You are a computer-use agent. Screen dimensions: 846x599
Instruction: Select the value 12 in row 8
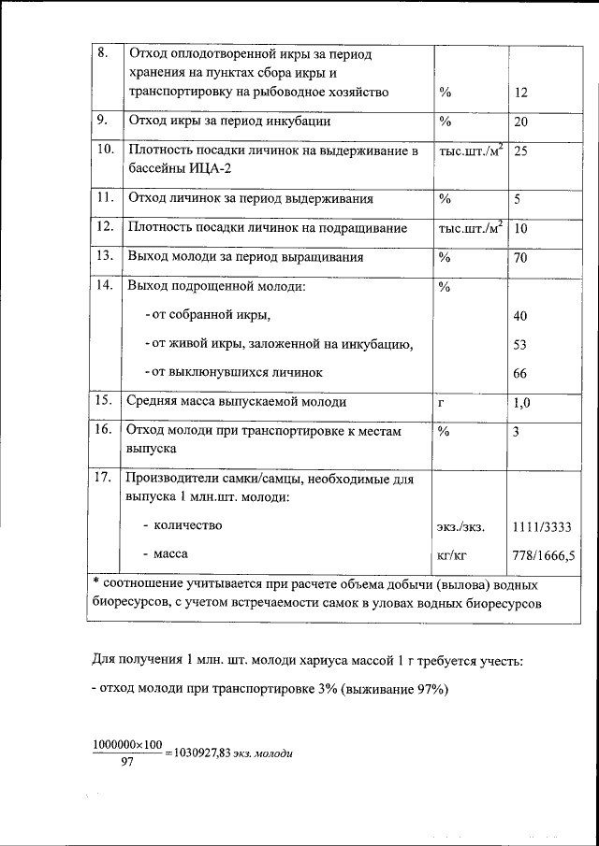click(x=521, y=93)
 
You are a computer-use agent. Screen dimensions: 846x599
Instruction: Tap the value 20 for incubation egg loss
click(x=521, y=122)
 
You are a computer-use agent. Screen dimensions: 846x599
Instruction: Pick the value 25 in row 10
click(x=521, y=151)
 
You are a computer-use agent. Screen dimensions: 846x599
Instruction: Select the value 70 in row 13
click(x=521, y=258)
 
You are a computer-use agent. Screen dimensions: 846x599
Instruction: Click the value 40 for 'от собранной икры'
click(x=521, y=316)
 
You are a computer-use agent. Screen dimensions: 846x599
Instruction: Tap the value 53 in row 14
click(x=521, y=345)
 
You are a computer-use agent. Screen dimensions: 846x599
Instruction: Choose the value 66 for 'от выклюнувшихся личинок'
click(x=521, y=373)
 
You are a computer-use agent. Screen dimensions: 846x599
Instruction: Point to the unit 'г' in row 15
click(x=441, y=403)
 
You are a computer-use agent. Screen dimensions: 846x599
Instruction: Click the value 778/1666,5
click(x=543, y=554)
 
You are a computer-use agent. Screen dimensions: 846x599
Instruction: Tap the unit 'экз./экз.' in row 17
click(x=461, y=527)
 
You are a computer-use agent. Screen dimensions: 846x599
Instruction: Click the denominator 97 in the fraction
click(x=128, y=763)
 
